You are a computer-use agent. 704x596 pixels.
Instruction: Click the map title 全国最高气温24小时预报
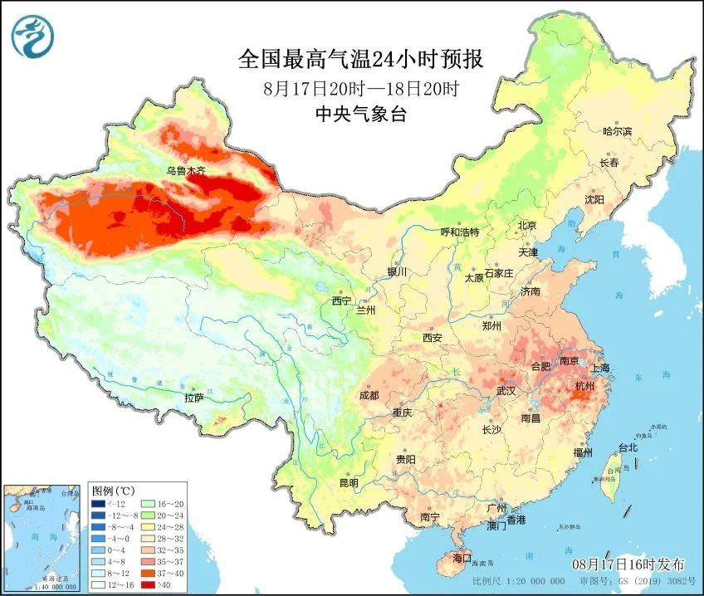coord(360,59)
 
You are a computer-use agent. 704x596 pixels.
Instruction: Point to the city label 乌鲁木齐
coord(184,171)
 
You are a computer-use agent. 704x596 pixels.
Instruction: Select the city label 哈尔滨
coord(617,131)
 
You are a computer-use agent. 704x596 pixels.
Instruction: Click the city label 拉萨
coord(193,398)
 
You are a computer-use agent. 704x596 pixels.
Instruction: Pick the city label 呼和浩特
coord(459,232)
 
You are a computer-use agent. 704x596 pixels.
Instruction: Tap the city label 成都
coord(369,395)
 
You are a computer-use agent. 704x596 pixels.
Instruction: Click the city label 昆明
coord(349,483)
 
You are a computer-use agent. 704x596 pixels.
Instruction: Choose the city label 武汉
coord(506,390)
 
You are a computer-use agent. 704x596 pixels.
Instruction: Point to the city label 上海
coord(600,368)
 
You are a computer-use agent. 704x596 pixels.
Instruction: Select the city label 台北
coord(628,448)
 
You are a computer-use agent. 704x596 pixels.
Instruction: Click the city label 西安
coord(433,337)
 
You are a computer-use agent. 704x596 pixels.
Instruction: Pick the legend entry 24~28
coord(165,526)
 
